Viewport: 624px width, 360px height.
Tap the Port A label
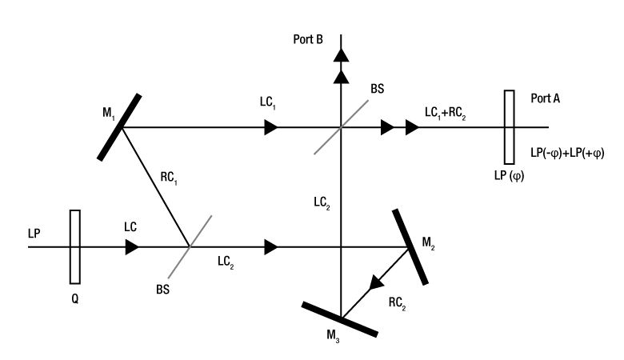(545, 98)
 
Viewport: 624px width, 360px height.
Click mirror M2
(410, 246)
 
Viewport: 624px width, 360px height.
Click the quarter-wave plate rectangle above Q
(75, 246)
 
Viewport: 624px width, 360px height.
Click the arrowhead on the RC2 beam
(375, 282)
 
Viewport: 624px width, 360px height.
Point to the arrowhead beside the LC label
(132, 247)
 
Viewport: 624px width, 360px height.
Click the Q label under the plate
(75, 302)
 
